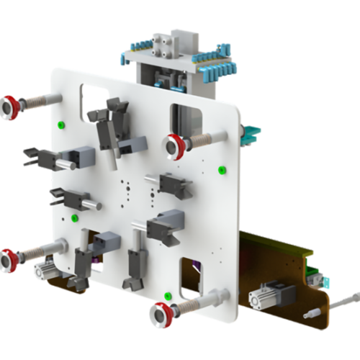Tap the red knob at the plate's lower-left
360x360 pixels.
click(9, 260)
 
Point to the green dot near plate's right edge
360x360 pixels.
click(222, 170)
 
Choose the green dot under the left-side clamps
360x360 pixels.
click(74, 217)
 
